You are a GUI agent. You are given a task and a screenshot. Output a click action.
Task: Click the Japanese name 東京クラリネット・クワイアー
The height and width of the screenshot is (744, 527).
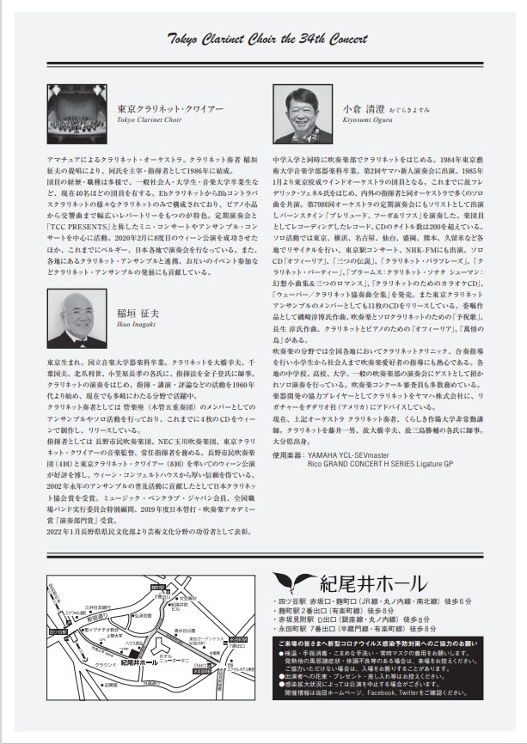click(170, 110)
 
